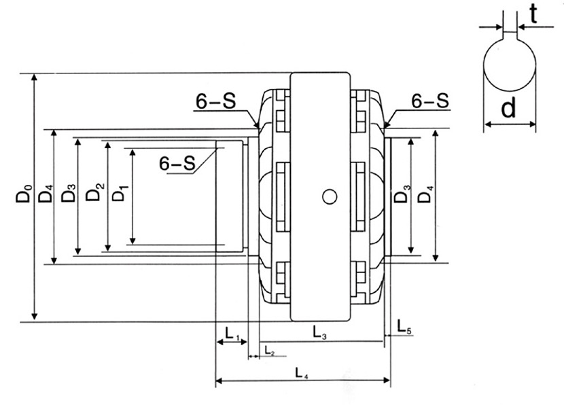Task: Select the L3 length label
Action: tap(319, 332)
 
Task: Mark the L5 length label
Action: tap(403, 325)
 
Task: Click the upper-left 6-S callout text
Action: tap(215, 101)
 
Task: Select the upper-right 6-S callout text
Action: tap(430, 101)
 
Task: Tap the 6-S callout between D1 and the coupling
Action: tap(177, 164)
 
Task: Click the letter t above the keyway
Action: tap(533, 15)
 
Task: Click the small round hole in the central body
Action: tap(330, 196)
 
